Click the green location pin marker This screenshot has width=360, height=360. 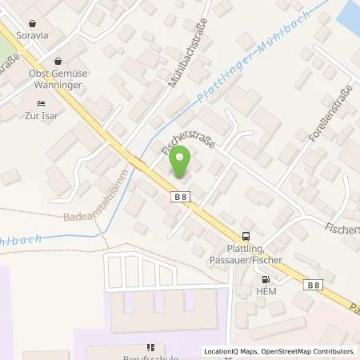[x=180, y=162]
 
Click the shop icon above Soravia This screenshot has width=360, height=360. [x=33, y=25]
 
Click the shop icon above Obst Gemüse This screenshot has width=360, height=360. [x=58, y=61]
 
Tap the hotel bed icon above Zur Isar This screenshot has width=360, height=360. [x=42, y=103]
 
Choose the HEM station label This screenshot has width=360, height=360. [x=266, y=292]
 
